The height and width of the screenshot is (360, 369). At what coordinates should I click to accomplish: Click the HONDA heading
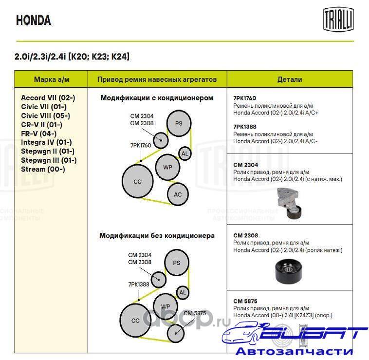(34, 20)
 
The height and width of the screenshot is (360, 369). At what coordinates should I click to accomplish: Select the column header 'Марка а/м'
(51, 79)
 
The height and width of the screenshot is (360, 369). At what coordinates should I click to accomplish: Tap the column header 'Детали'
(290, 79)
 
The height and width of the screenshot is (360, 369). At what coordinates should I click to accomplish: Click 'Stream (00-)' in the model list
(43, 169)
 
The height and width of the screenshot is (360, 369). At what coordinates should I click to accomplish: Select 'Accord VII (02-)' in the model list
(48, 97)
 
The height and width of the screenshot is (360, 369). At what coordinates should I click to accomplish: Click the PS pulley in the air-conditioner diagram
(179, 123)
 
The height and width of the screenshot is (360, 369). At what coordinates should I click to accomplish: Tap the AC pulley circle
(178, 194)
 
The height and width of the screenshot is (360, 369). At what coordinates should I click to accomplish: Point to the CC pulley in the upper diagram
(137, 181)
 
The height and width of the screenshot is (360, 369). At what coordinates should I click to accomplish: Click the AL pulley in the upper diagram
(184, 154)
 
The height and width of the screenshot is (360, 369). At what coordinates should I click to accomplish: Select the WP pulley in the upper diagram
(167, 167)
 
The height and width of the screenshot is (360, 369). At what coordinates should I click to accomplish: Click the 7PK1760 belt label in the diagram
(140, 145)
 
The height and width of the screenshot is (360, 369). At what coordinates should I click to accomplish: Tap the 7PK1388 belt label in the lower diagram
(139, 284)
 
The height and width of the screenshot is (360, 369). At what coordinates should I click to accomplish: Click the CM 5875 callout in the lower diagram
(195, 313)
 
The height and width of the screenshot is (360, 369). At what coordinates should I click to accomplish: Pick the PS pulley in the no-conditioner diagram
(177, 263)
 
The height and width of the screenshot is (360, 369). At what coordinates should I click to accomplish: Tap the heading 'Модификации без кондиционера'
(157, 236)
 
